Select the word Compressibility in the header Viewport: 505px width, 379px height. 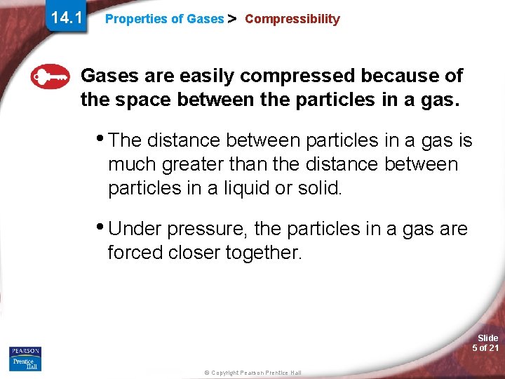[x=292, y=20]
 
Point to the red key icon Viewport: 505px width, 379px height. [x=50, y=76]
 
